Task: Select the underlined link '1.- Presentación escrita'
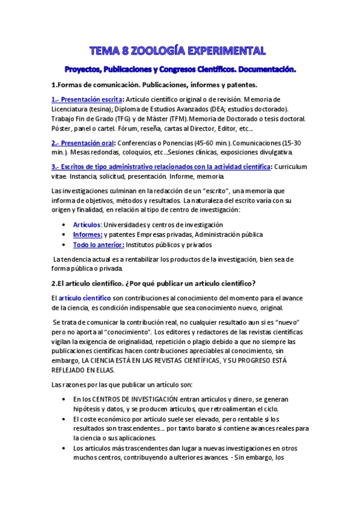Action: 87,99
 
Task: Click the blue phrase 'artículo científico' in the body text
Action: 85,298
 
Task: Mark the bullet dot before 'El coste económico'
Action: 64,419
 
